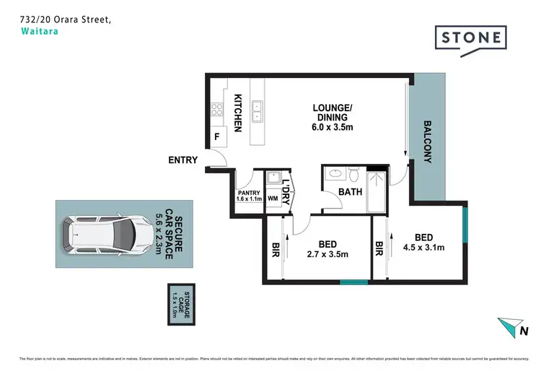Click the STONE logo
[470, 37]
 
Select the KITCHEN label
[237, 113]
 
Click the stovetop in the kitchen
[216, 110]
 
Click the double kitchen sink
[256, 110]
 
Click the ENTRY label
[182, 160]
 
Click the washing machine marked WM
[273, 197]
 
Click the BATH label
[350, 192]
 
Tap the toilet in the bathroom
[353, 174]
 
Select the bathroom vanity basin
[335, 173]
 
